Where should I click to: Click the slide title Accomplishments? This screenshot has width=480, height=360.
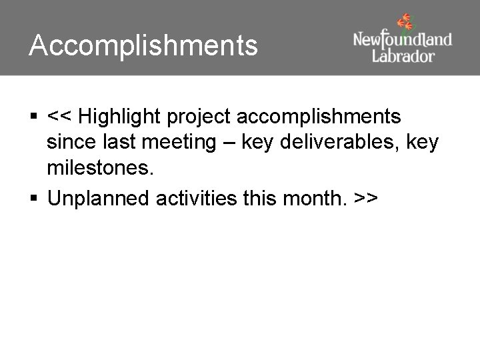(x=143, y=46)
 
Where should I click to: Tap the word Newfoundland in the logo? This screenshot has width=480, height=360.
(x=402, y=39)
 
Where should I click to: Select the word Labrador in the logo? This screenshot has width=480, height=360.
(x=403, y=55)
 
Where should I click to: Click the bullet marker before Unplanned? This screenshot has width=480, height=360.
(x=33, y=198)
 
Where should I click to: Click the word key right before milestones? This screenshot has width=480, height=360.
(x=423, y=144)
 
